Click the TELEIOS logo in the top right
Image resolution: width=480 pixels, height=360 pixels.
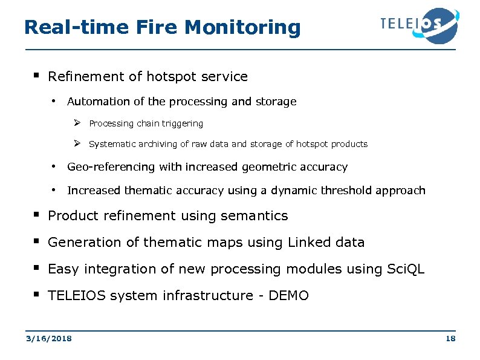point(418,25)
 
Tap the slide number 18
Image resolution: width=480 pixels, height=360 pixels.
point(450,339)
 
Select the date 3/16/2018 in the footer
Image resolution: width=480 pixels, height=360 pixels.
point(48,339)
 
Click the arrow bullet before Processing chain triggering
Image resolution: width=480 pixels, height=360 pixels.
point(77,123)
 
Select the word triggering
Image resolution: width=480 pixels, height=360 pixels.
point(182,123)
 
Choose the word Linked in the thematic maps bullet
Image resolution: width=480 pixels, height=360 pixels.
point(308,243)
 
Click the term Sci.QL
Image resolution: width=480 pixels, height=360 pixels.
point(405,269)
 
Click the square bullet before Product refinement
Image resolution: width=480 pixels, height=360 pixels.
point(36,215)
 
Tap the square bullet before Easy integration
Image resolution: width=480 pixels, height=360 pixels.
point(36,269)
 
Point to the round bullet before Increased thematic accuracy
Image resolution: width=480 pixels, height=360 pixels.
point(54,190)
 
